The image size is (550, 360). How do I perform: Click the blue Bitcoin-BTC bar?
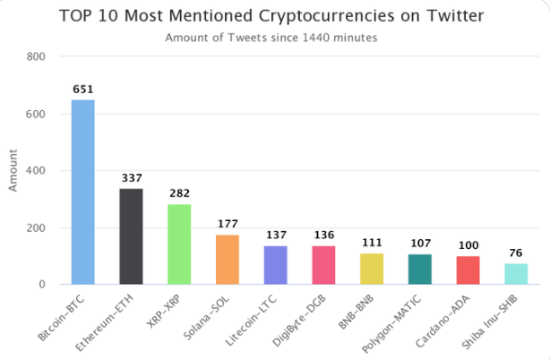[82, 192]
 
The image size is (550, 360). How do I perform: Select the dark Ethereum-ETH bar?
[131, 236]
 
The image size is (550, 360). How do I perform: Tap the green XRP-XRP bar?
[179, 244]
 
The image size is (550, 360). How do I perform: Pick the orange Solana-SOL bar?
[228, 259]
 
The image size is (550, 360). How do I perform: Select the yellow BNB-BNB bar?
[372, 269]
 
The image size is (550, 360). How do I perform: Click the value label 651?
[82, 90]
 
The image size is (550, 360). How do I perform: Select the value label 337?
[131, 178]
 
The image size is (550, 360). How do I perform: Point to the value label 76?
[516, 253]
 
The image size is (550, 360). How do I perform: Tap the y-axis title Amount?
[13, 170]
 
